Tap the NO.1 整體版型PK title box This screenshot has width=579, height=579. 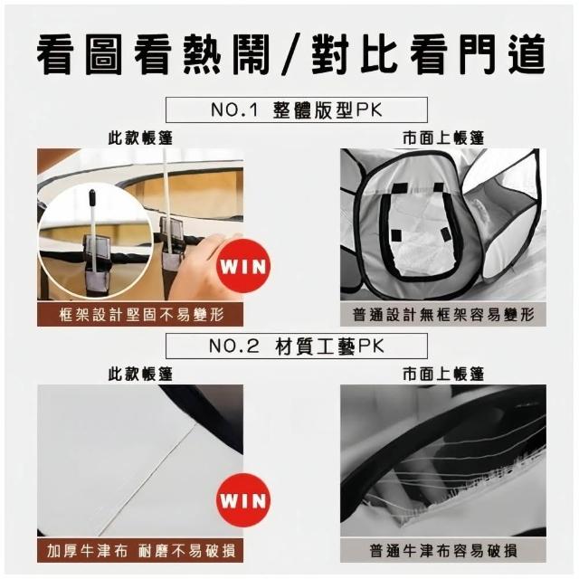[x=297, y=109]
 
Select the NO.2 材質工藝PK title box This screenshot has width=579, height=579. [x=297, y=346]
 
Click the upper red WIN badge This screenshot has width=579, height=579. [x=243, y=266]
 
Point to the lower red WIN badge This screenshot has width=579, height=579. [x=243, y=500]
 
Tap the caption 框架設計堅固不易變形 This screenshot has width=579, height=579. [x=141, y=315]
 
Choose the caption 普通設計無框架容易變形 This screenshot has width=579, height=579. [x=443, y=315]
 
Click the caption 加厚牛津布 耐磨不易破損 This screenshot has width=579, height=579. [x=141, y=551]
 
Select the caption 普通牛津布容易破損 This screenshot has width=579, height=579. [x=443, y=551]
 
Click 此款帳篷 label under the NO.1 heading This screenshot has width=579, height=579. [x=140, y=138]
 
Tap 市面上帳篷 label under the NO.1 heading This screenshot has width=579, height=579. [x=443, y=138]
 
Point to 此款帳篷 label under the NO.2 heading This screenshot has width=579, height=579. [x=140, y=375]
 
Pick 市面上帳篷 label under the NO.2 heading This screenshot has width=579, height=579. [x=443, y=375]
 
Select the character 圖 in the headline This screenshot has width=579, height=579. [x=103, y=56]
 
